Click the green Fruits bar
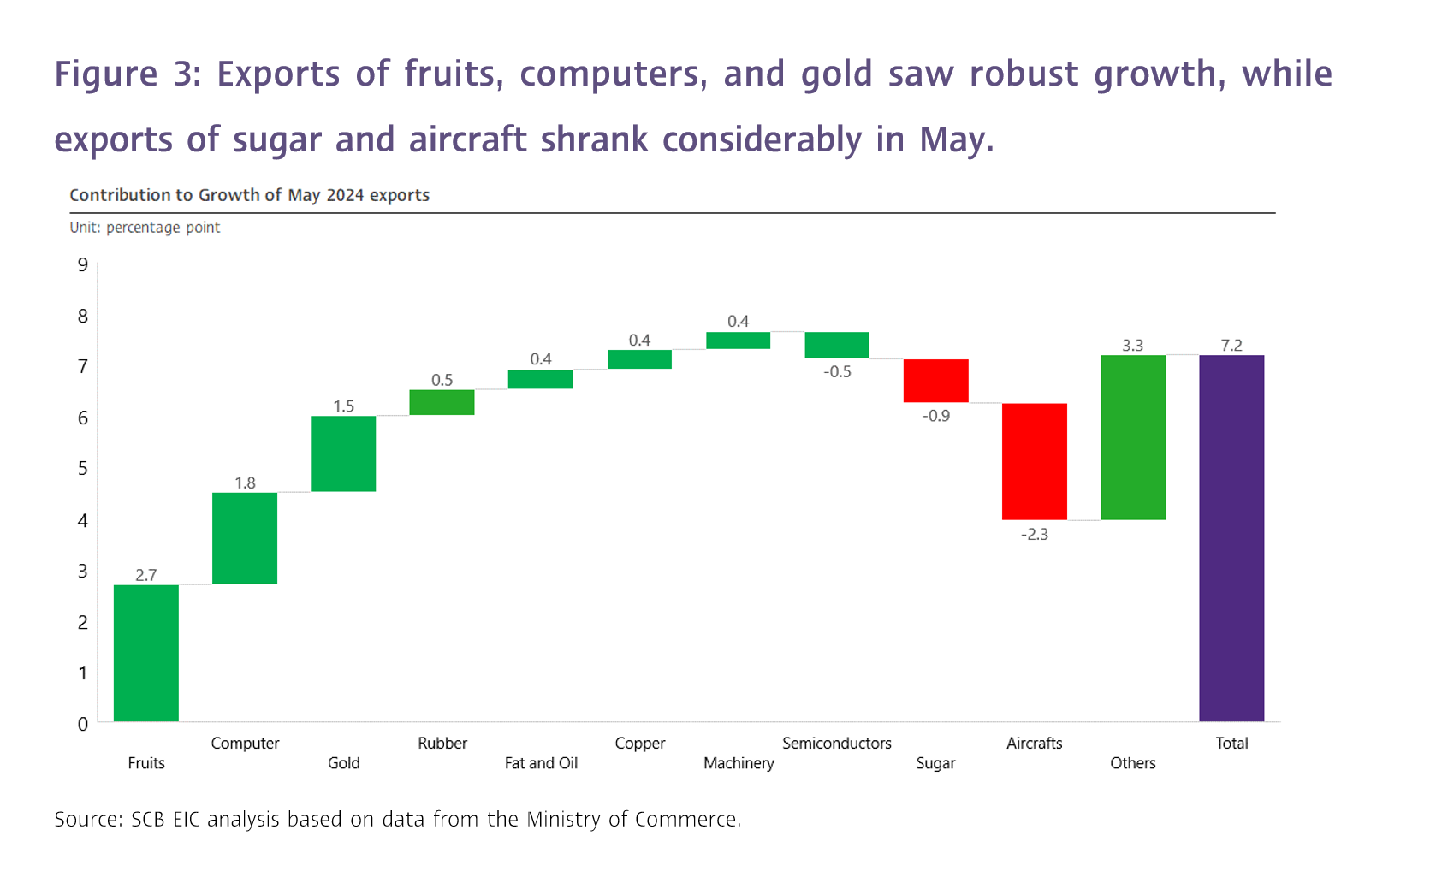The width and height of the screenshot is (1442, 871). [146, 653]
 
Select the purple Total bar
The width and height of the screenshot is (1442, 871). [1231, 538]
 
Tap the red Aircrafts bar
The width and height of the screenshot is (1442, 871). [1035, 461]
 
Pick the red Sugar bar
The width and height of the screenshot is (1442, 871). [936, 381]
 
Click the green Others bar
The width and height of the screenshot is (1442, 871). [1133, 437]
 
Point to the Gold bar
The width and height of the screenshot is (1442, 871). [343, 453]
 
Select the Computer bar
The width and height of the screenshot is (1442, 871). [245, 538]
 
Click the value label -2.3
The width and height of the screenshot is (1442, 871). [1035, 535]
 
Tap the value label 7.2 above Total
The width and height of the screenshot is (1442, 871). [1231, 346]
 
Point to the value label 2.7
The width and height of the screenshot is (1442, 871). [146, 575]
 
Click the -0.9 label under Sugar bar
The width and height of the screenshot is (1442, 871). [936, 416]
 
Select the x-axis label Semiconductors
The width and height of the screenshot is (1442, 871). [837, 744]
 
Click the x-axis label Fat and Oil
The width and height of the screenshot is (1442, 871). [541, 763]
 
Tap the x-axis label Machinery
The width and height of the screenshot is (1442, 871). [739, 763]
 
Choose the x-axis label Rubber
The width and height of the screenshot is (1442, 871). [442, 744]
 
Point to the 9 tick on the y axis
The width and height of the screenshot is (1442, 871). [83, 265]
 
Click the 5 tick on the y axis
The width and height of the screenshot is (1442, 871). [83, 469]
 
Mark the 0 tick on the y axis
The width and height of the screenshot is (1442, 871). [83, 724]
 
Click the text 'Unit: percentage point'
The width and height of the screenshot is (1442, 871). [145, 228]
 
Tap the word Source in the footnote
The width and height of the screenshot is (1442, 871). [86, 820]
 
